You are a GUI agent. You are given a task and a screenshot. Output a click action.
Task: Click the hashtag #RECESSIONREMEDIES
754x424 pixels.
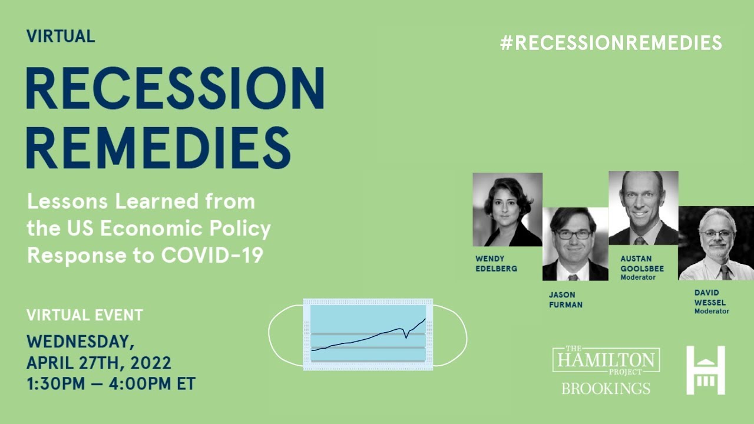click(x=611, y=43)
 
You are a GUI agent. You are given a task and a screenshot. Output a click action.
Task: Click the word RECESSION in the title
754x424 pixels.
click(x=175, y=88)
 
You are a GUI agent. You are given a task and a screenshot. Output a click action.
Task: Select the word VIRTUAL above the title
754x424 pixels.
click(x=61, y=36)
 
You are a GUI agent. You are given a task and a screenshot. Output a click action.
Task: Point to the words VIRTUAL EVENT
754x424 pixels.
click(x=85, y=315)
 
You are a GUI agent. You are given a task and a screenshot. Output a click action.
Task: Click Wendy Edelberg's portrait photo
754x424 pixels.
click(x=507, y=209)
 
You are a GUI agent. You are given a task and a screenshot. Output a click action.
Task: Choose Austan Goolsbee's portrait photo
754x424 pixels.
click(x=643, y=207)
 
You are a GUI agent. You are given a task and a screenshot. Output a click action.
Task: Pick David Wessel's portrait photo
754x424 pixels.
click(x=716, y=243)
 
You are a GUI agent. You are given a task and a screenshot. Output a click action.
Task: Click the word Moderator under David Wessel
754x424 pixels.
click(x=712, y=311)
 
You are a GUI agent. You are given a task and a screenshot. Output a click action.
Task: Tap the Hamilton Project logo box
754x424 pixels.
click(x=606, y=360)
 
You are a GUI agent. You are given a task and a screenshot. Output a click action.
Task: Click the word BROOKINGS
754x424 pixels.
click(x=606, y=389)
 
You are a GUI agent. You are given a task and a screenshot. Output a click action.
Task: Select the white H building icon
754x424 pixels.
click(x=705, y=370)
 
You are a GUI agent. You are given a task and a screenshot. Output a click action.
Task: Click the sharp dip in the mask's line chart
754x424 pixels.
click(x=406, y=338)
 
